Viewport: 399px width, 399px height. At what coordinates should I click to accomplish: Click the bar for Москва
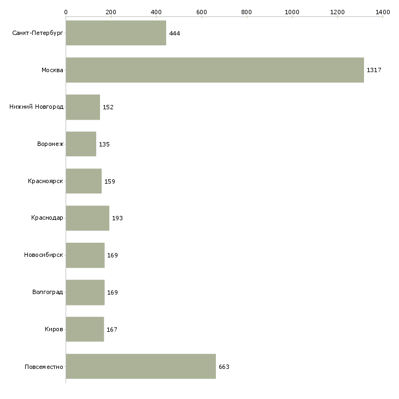click(215, 70)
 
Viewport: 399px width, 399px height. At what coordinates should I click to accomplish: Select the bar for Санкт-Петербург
click(116, 33)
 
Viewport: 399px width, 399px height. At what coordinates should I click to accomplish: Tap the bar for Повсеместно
click(140, 366)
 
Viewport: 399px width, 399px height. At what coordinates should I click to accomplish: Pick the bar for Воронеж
click(81, 144)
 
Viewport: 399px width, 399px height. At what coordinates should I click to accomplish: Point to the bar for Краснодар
click(87, 218)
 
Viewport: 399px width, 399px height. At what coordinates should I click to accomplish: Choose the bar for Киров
click(85, 329)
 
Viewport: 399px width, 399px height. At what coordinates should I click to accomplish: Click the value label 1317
click(374, 70)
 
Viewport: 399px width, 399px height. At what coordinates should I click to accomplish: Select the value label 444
click(174, 33)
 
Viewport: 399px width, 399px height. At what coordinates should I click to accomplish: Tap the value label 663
click(224, 367)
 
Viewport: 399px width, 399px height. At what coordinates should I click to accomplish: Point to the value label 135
click(104, 144)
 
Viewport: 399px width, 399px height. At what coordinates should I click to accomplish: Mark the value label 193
click(118, 218)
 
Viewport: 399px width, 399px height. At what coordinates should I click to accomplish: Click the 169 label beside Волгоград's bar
click(113, 292)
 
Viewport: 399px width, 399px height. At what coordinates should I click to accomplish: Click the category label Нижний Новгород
click(37, 107)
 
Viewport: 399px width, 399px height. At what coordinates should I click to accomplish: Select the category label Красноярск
click(45, 181)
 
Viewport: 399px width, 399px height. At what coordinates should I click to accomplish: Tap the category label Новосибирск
click(44, 255)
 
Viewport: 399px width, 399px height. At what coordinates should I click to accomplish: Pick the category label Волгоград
click(48, 292)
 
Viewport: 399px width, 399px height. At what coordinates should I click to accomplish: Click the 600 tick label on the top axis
click(202, 12)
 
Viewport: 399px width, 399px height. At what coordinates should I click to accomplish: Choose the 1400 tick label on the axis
click(383, 12)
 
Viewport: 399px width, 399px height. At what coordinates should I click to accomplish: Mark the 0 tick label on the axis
click(66, 12)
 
